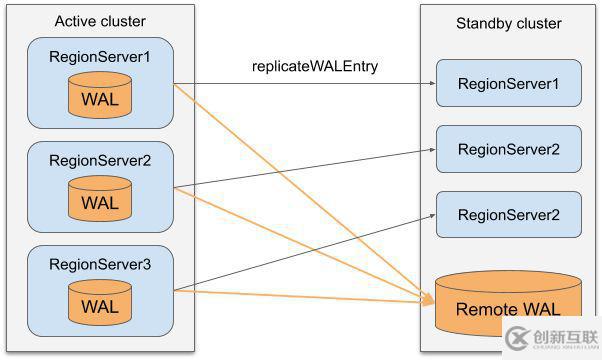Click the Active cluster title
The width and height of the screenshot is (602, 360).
tap(100, 21)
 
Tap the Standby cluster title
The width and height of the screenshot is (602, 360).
tap(508, 23)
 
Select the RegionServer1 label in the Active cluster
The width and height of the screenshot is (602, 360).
tap(100, 57)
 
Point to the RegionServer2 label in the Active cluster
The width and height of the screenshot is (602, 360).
tap(100, 159)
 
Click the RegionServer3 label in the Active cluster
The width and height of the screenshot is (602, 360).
tap(100, 264)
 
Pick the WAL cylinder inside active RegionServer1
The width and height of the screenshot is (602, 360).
tap(100, 99)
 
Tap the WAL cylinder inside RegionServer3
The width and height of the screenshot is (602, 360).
tap(100, 304)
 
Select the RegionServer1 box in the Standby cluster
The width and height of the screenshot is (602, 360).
tap(508, 84)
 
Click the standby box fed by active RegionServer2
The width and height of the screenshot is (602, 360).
tap(508, 149)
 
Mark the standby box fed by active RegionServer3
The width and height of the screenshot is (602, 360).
tap(508, 214)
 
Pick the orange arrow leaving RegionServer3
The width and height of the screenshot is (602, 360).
tap(300, 294)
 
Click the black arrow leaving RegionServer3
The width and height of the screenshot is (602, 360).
tap(300, 253)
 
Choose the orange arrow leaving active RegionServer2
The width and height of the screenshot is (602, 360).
tap(300, 241)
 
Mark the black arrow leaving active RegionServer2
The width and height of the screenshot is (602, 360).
tap(300, 168)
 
